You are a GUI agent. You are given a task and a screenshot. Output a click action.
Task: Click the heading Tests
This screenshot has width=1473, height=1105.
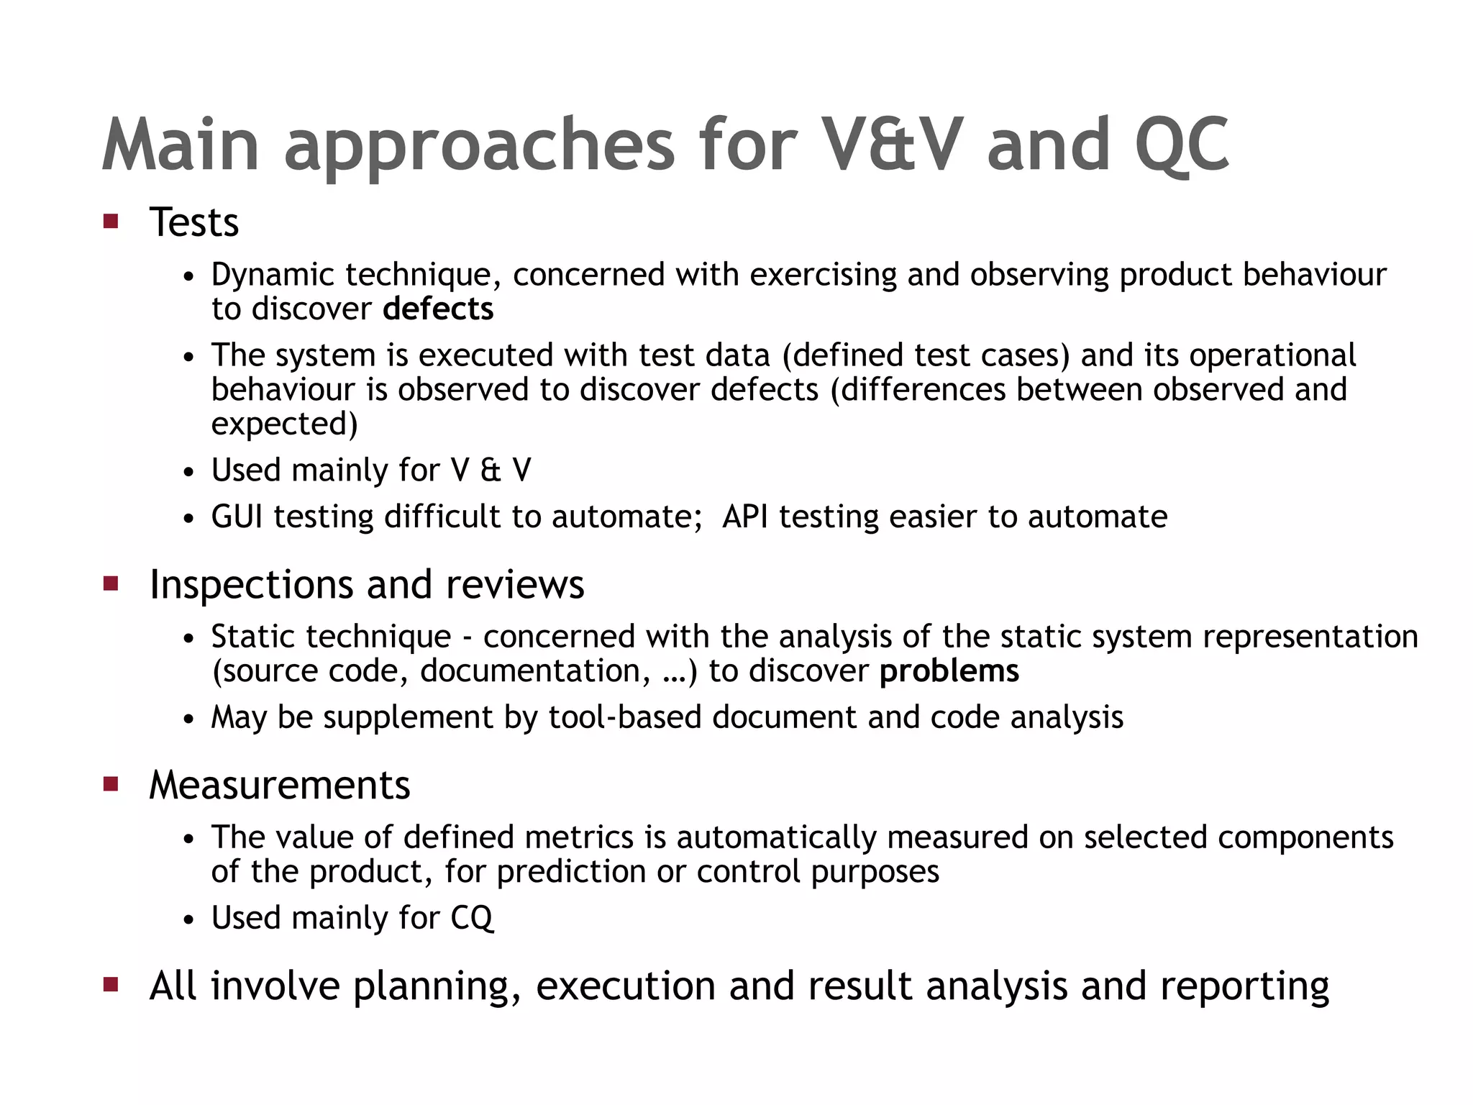(193, 222)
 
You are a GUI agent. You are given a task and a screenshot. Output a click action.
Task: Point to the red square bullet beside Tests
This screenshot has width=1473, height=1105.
(111, 221)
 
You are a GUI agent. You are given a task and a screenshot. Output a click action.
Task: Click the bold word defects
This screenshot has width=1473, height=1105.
(438, 309)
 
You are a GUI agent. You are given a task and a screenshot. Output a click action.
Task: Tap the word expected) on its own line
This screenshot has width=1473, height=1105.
(284, 424)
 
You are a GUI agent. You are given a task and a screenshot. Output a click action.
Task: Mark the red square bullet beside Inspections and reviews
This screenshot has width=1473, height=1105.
(111, 583)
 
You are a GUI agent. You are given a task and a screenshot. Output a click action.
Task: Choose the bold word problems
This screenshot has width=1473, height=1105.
(949, 671)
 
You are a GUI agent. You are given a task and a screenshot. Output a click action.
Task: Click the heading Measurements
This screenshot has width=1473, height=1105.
(279, 785)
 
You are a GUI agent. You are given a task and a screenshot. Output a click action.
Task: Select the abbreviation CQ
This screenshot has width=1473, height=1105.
(472, 918)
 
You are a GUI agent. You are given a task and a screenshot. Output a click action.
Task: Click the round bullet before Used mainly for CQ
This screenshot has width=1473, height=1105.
(188, 920)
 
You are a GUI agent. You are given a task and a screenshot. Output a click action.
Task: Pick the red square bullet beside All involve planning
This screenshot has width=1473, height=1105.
(111, 984)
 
